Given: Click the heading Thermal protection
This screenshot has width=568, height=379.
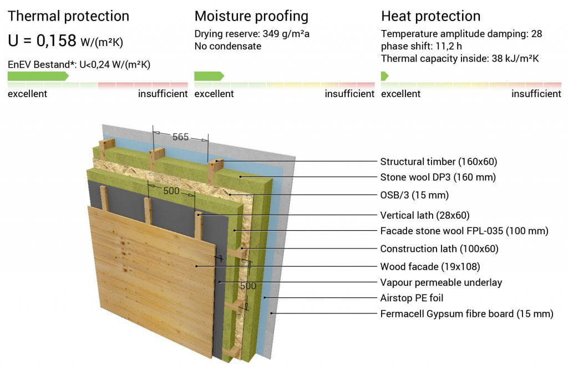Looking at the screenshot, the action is pos(68,16).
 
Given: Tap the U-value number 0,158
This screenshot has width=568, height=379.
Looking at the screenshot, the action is pos(56,40).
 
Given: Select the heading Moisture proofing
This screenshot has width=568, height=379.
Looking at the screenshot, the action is pos(251,16).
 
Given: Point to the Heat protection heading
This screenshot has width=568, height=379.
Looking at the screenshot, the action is pos(430,16).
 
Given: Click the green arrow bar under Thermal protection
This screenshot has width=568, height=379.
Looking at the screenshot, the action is pos(38,75).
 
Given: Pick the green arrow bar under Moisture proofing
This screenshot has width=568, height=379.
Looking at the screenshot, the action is pos(209,75).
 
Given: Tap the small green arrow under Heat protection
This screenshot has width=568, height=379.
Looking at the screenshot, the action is pos(385,75).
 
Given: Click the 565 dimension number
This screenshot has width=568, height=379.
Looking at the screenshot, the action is pos(180,137).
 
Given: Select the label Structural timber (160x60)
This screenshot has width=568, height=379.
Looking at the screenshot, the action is pos(439,161).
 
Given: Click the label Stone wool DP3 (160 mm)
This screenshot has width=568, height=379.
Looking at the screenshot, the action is pos(438,177).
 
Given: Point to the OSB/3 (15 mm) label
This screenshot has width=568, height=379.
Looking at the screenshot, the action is pos(414,195).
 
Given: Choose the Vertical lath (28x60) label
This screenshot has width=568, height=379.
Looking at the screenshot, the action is pos(425,215).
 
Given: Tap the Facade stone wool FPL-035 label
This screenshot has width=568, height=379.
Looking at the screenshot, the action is pos(464,231).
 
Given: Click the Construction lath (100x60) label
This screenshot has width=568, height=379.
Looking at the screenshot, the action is pos(439,249).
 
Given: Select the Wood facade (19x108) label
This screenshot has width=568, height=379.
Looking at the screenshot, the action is pos(430,267).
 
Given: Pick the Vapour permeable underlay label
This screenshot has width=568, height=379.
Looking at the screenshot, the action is pos(441,282).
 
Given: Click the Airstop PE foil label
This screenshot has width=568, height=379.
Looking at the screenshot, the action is pos(412,298).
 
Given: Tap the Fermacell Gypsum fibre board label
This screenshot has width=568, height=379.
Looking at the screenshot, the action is pos(467,314).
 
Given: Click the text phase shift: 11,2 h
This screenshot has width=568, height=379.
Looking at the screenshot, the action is pos(422,46).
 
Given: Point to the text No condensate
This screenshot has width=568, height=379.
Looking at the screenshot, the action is pos(228,46).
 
